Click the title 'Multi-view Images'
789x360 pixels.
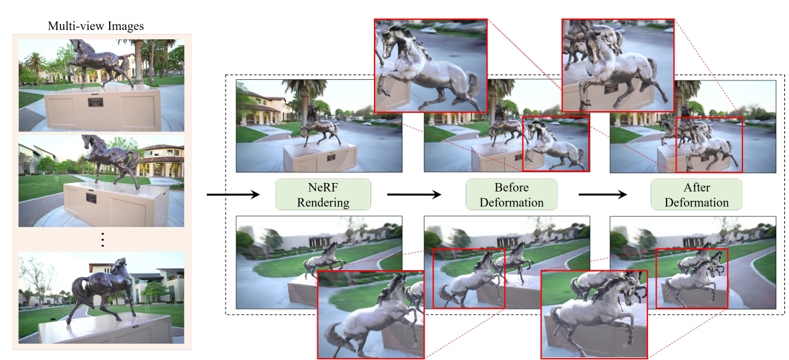(96, 26)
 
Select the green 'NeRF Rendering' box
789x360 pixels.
(323, 194)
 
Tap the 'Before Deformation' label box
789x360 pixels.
(511, 194)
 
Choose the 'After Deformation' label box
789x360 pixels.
(697, 194)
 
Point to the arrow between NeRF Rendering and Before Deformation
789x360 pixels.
(413, 194)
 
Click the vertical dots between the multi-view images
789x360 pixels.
(102, 240)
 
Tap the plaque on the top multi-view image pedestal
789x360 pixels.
(96, 102)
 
